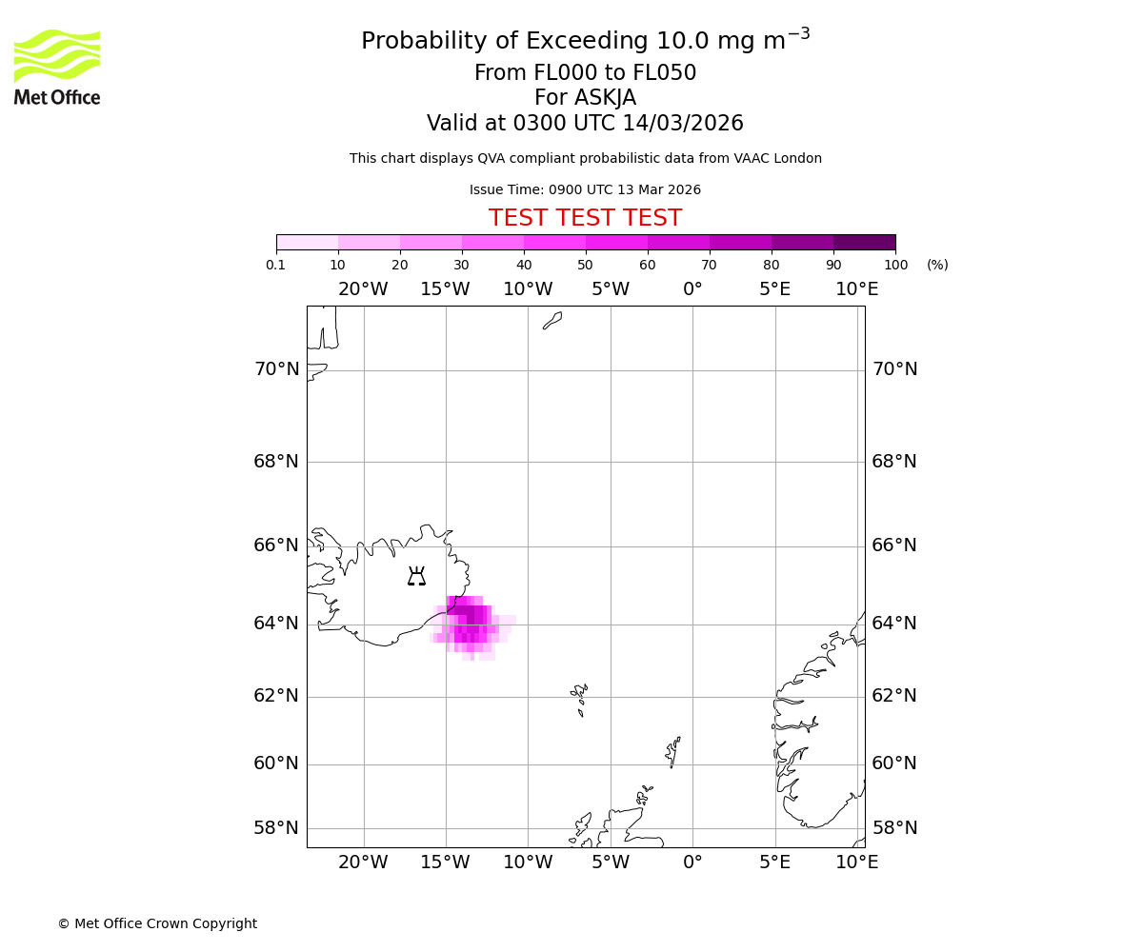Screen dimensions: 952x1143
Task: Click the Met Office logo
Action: (57, 67)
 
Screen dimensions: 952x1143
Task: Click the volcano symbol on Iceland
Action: (416, 577)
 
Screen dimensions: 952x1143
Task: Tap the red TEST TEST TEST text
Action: (585, 218)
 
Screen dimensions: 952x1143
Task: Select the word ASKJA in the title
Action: (605, 98)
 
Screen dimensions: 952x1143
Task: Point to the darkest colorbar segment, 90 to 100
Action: (864, 242)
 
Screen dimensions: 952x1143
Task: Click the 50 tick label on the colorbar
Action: (585, 265)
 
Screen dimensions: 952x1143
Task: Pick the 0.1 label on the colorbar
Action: (276, 265)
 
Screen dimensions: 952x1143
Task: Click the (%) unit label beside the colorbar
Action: (937, 265)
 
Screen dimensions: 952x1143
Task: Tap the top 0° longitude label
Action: (692, 289)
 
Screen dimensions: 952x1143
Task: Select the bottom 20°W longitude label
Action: (363, 863)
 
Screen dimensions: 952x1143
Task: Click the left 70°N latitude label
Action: (276, 369)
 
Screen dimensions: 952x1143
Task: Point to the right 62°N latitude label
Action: (894, 696)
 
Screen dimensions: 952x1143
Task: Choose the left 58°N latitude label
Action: (276, 828)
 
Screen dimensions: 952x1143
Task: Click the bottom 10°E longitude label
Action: (856, 863)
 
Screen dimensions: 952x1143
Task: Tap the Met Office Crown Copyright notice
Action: (157, 923)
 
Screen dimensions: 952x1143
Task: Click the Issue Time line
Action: (585, 189)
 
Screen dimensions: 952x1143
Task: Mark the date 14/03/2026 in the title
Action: (683, 124)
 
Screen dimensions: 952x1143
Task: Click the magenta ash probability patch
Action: (471, 624)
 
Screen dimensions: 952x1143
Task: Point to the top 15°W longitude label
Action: (445, 289)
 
